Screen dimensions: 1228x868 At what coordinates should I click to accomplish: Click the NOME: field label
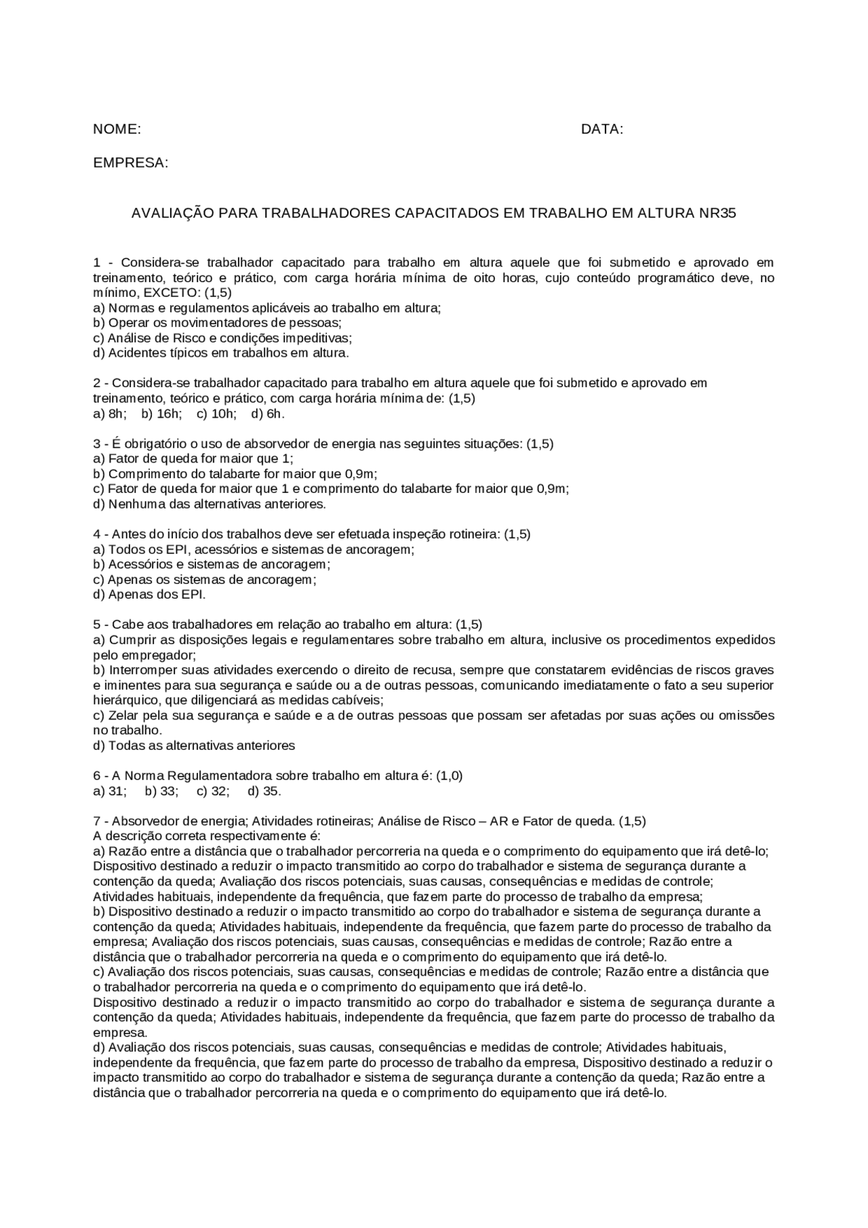click(117, 130)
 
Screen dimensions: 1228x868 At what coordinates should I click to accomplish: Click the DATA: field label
click(601, 130)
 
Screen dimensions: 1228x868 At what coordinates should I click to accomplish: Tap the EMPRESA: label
click(130, 163)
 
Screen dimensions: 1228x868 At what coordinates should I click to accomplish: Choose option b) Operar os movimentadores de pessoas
click(217, 323)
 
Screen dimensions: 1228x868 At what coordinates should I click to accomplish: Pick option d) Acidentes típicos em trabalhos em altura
click(220, 353)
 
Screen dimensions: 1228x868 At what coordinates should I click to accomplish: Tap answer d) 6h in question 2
click(268, 414)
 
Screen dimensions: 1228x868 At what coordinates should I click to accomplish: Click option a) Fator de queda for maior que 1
click(193, 459)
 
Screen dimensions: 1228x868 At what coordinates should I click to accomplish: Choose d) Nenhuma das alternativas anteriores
click(210, 504)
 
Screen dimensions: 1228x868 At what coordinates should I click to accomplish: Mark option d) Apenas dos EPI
click(149, 595)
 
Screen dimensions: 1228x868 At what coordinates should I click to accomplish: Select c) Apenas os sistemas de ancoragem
click(205, 580)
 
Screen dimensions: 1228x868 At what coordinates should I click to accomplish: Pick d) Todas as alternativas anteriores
click(194, 746)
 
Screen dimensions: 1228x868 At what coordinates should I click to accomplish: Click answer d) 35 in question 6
click(264, 791)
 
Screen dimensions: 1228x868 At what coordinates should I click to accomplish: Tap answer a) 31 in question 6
click(109, 791)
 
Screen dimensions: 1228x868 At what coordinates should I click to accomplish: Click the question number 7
click(97, 821)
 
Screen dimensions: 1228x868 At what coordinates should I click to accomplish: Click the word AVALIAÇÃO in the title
click(172, 213)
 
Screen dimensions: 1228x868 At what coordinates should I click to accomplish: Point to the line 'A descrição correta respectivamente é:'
click(207, 836)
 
